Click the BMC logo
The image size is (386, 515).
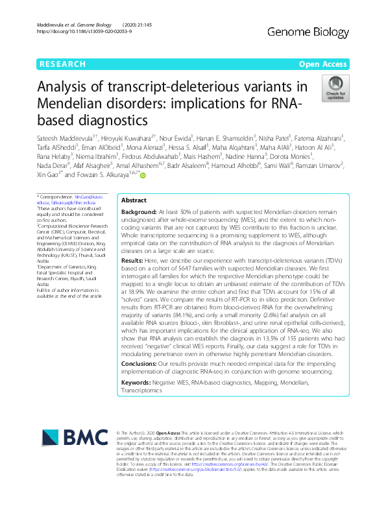tap(68, 444)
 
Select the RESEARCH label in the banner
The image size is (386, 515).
tap(63, 64)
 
